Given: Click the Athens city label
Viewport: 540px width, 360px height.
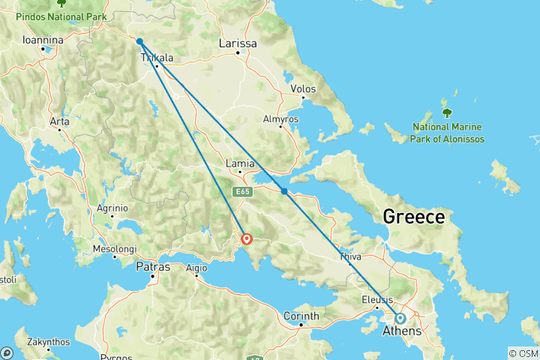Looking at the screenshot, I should coord(402,331).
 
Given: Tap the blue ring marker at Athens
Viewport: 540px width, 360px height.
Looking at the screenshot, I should coord(400,318).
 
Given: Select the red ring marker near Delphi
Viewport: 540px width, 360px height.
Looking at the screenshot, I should coord(247,240).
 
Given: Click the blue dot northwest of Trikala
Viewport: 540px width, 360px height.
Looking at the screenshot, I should coord(140,42).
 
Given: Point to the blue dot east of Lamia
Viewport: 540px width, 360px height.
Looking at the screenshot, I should coord(284,191).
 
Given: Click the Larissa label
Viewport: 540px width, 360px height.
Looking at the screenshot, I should coord(237,43).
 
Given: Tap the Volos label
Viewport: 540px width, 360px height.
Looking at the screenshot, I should coord(302,88).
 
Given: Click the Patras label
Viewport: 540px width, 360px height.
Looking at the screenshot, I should coord(152,266).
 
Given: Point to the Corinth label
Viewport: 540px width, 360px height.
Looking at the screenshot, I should coord(300,316).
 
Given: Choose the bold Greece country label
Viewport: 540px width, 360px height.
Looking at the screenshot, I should coord(413,217).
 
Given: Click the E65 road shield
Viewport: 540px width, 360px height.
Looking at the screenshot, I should coord(241,193).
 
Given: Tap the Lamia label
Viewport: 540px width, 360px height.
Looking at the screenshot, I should coord(238,162).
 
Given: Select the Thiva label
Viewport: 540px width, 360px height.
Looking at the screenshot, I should coord(349,256).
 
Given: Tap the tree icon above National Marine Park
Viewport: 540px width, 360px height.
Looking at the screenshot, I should coord(447,113).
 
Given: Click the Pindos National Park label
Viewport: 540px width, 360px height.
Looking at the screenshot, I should coord(57,16).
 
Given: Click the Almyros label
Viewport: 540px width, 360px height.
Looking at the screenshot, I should coord(280,118).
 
